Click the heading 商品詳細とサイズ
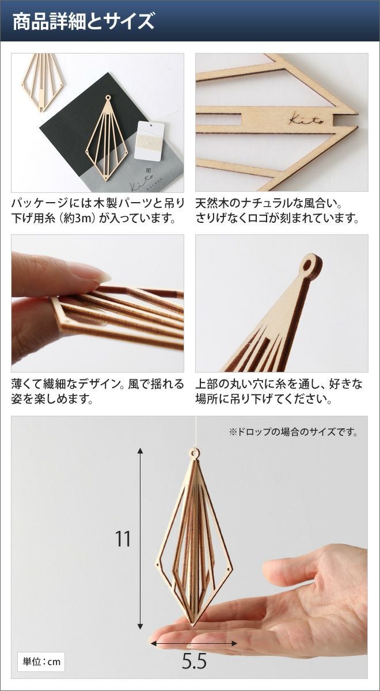tap(83, 21)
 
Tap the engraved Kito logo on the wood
tap(307, 119)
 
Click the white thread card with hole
tap(150, 141)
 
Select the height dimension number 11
tap(123, 539)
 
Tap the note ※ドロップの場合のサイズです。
tap(293, 432)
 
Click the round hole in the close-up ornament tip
tap(308, 265)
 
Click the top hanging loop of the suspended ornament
tap(194, 453)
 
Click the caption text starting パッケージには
tap(97, 211)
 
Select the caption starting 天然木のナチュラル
tap(278, 211)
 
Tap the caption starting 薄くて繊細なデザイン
tap(97, 392)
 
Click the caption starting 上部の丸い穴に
tap(279, 392)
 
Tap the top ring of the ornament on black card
tap(108, 98)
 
